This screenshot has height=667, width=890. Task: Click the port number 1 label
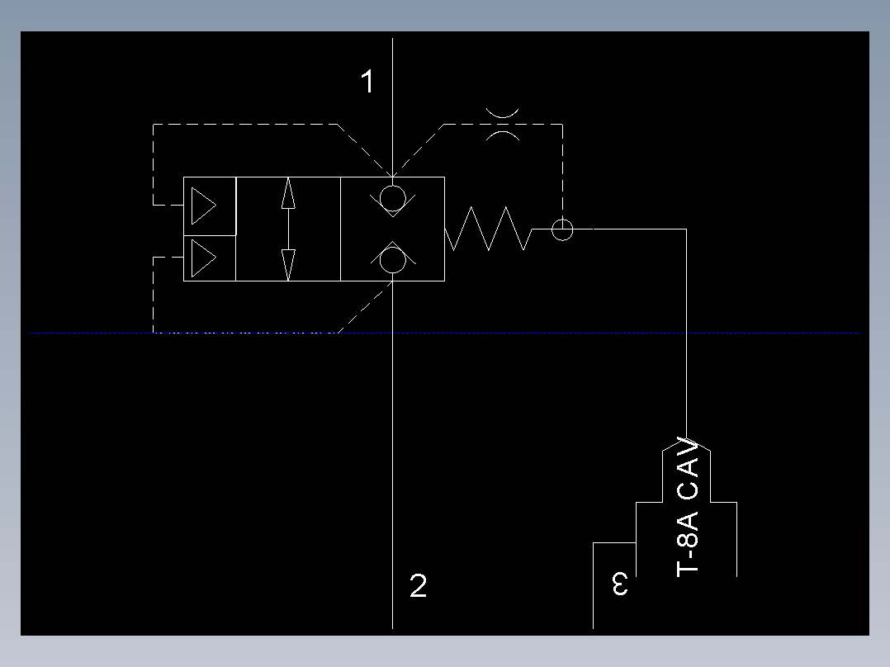(x=367, y=82)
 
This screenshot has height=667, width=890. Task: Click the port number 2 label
(x=419, y=586)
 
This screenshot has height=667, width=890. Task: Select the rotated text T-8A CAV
(x=688, y=507)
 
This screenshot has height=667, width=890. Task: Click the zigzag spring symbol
(x=487, y=229)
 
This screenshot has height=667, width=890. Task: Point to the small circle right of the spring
(x=562, y=229)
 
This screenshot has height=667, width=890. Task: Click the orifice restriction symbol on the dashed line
(x=502, y=124)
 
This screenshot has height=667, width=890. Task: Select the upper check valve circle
(x=393, y=197)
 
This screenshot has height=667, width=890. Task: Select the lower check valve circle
(x=393, y=259)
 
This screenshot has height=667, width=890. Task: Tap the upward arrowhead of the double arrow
(x=288, y=192)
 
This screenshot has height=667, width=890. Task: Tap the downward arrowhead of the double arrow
(x=288, y=264)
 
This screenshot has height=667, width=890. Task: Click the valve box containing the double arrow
(x=288, y=229)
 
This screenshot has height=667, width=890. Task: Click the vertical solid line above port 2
(x=393, y=454)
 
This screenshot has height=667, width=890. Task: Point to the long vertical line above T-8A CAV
(x=686, y=330)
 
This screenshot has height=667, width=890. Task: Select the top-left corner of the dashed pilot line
(x=154, y=125)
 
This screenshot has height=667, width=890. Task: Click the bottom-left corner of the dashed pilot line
(x=154, y=332)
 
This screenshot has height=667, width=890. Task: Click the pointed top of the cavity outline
(x=686, y=438)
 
